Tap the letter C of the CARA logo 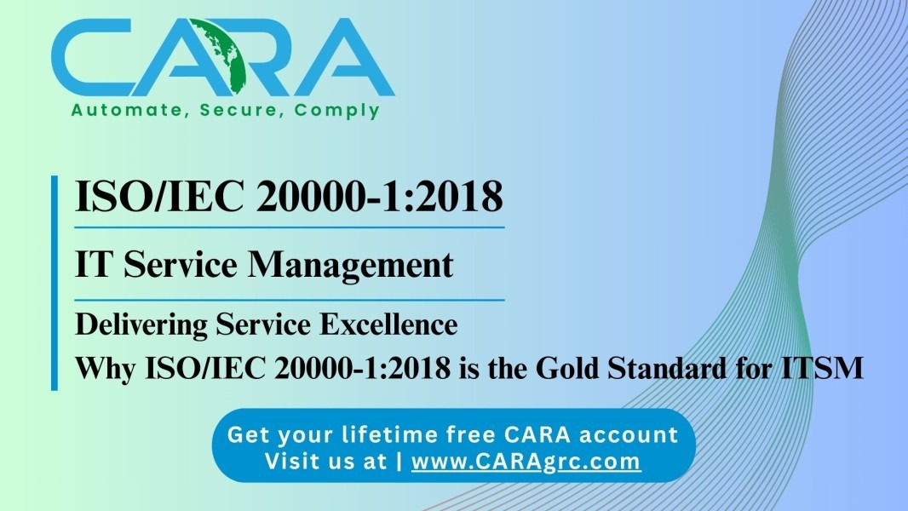coord(93,57)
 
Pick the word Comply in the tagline coord(336,111)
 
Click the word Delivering coord(141,325)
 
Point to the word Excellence coord(388,324)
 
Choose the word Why coord(106,369)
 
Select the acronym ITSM coord(822,368)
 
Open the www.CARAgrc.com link coord(526,462)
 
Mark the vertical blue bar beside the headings coord(55,283)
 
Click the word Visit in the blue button coord(289,462)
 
